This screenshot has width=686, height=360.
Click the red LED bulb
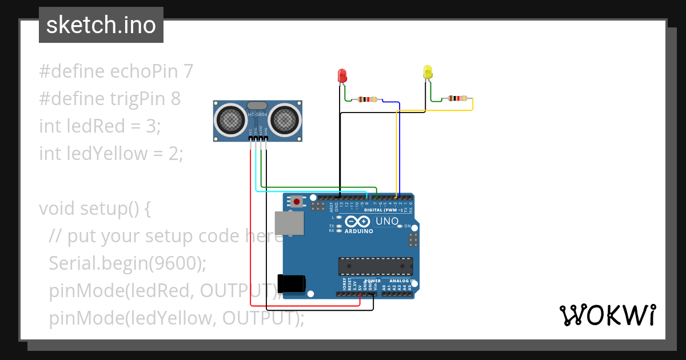click(x=342, y=75)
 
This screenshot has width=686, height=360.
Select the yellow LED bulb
click(x=428, y=72)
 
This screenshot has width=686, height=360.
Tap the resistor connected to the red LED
click(x=366, y=99)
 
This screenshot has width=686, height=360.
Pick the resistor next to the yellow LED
click(x=457, y=98)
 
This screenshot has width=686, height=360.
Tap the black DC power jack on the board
click(x=292, y=284)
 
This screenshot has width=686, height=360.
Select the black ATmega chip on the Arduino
click(x=375, y=266)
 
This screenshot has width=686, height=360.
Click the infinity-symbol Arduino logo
click(x=358, y=222)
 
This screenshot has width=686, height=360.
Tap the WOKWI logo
click(x=607, y=315)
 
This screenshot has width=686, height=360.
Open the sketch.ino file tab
click(x=101, y=25)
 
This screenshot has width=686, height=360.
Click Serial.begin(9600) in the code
click(x=127, y=263)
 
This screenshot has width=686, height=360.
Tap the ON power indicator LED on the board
click(x=400, y=226)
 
